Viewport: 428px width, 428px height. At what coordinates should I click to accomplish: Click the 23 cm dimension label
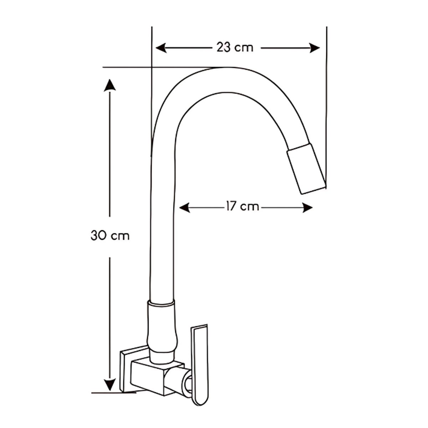point(235,47)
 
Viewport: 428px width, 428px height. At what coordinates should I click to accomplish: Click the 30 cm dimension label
point(110,236)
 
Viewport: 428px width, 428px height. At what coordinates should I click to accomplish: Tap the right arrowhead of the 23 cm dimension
point(314,48)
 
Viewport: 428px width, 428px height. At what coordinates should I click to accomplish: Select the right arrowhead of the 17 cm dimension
point(307,207)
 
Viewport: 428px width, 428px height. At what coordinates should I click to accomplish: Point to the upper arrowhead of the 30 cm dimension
point(109,85)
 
